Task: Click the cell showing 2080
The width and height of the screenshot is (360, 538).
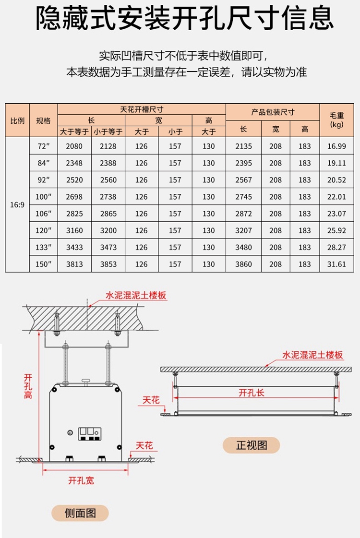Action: coord(74,146)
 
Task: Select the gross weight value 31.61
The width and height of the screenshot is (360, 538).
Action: coord(336,264)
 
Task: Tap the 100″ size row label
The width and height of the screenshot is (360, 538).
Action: coord(44,197)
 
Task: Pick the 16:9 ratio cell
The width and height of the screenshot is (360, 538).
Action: coord(17,205)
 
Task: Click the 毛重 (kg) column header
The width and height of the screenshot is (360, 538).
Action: coord(336,120)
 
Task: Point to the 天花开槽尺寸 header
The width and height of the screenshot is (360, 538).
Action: coord(142,109)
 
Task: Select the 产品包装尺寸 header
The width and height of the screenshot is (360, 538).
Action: coord(273,112)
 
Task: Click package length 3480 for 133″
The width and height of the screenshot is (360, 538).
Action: coord(244,247)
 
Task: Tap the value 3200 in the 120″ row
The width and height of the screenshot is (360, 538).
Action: coord(108,230)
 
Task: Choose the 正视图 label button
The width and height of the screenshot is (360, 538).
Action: coord(251,445)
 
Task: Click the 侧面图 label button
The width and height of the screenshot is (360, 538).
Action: coord(80,514)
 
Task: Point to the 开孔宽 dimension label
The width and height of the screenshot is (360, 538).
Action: coord(81,480)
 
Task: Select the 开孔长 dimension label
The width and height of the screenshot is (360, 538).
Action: coord(252,393)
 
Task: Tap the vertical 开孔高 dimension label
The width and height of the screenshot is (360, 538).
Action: coord(28,386)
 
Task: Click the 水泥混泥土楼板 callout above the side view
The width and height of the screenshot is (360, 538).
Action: coord(135,296)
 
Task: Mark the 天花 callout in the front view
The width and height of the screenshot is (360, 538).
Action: coord(151,400)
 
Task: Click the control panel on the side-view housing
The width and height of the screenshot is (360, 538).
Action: coord(90,434)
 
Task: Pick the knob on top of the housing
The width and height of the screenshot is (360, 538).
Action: coord(86,382)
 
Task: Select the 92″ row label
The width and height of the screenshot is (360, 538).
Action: coord(44,180)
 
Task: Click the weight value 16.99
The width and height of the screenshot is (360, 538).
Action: coord(336,146)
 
